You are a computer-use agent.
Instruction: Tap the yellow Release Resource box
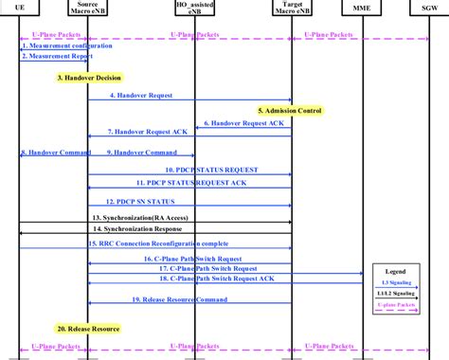coord(89,328)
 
